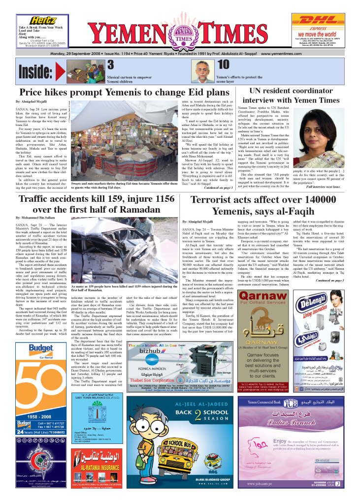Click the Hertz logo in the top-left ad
coord(42,20)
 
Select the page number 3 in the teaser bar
coord(111,64)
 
